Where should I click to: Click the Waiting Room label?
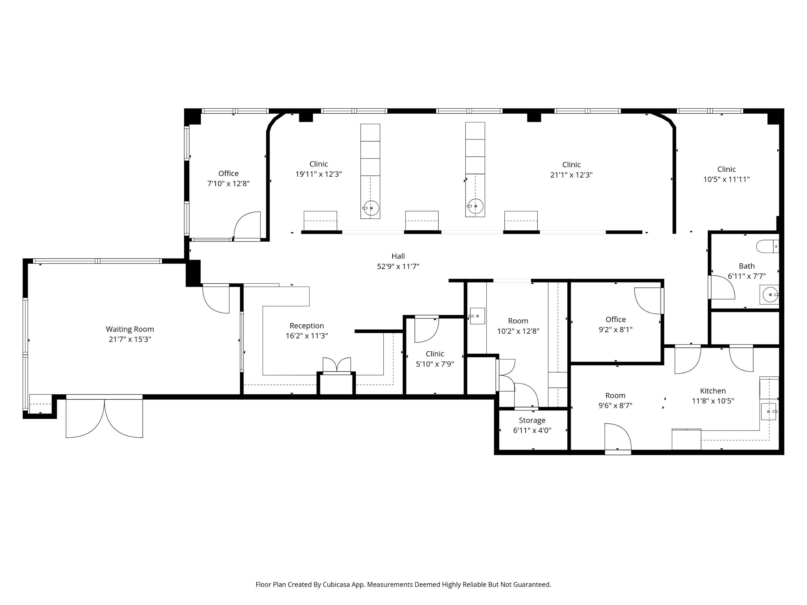pos(130,329)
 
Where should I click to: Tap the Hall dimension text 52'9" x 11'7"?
pos(398,267)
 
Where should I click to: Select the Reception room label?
pos(307,326)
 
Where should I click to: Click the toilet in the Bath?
pos(768,247)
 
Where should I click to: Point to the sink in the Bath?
pos(770,294)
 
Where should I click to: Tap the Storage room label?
pos(532,420)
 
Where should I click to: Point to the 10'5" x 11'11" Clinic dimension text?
pos(727,179)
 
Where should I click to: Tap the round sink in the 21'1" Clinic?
pos(476,206)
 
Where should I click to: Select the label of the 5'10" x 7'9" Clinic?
pos(435,354)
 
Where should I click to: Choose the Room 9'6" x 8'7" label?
pos(615,396)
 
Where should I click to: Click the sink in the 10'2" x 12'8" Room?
pos(477,316)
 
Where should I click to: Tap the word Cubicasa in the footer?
pos(336,584)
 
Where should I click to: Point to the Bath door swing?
pos(722,287)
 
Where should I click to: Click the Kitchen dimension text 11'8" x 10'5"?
pos(713,401)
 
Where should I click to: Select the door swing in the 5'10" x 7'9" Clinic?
pos(427,329)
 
